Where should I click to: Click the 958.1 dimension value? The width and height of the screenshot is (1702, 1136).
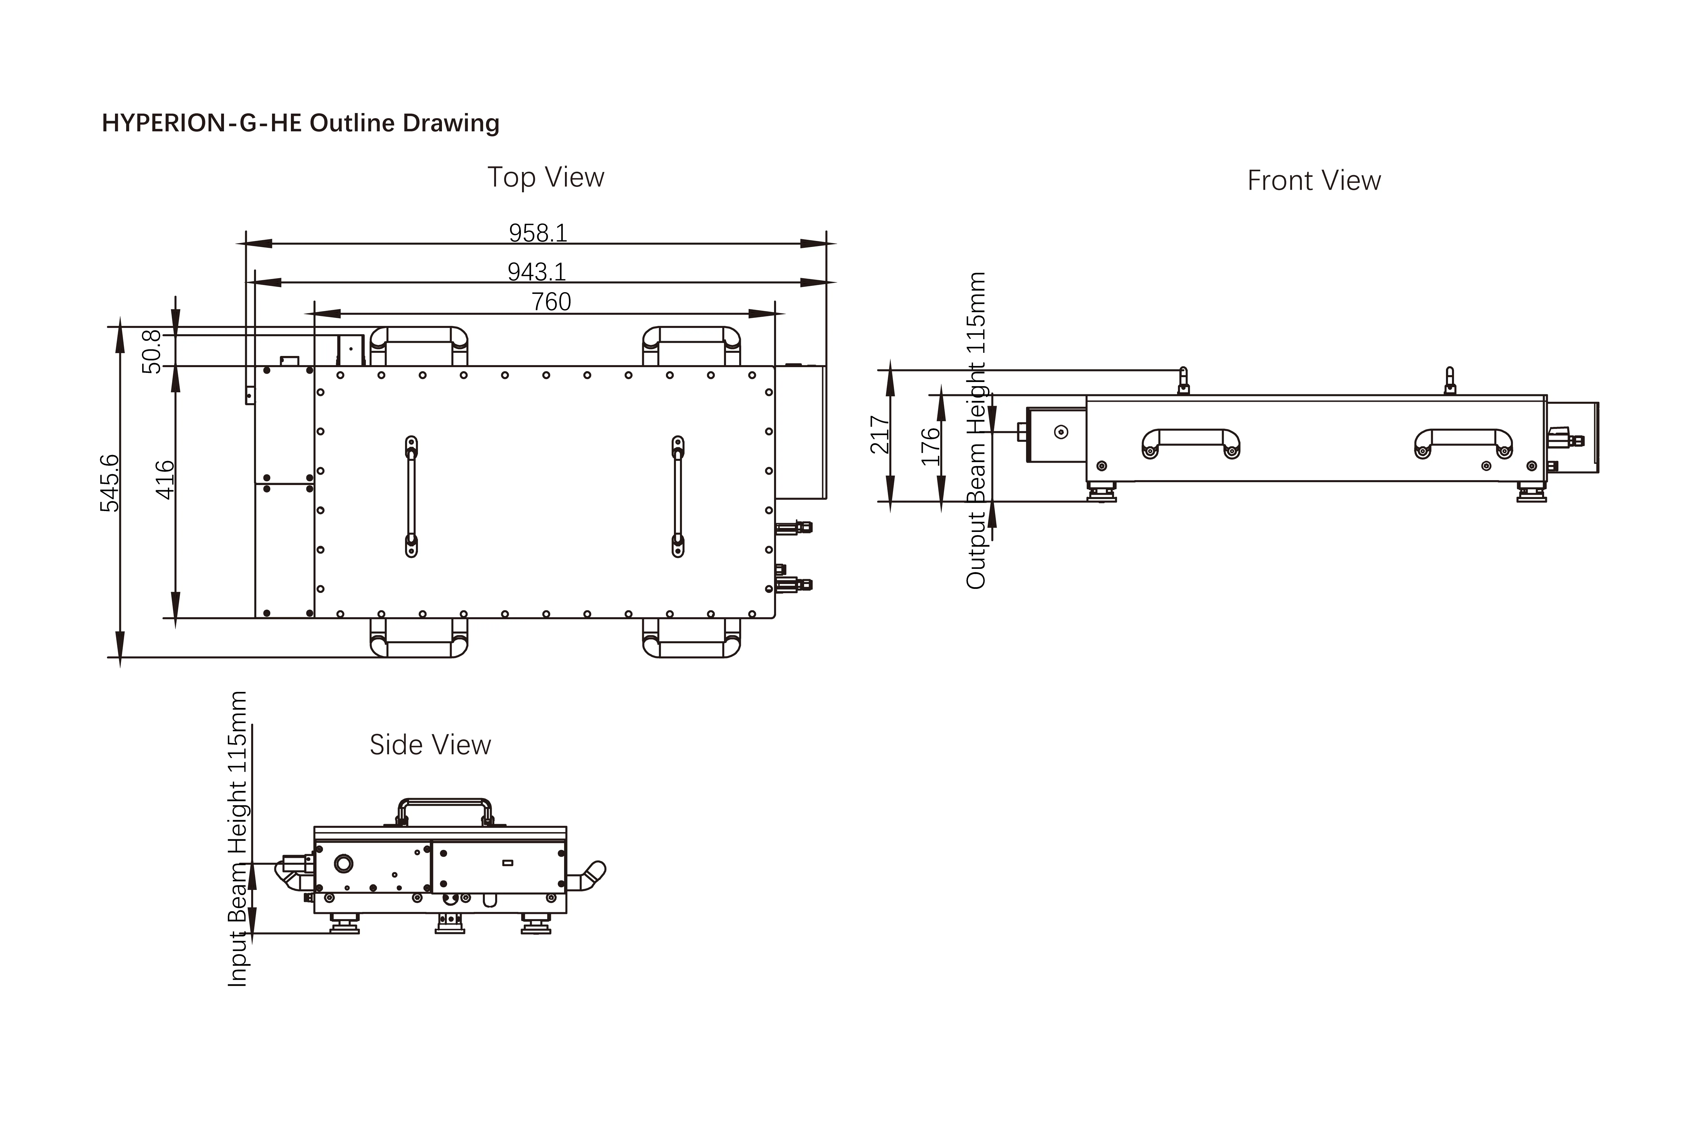[x=538, y=233]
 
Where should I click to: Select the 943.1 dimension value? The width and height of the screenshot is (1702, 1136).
[x=537, y=272]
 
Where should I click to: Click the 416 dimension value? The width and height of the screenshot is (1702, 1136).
[x=165, y=480]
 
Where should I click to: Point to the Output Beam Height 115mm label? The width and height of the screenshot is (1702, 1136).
[x=976, y=430]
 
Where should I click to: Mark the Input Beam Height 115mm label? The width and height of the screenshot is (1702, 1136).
[x=237, y=839]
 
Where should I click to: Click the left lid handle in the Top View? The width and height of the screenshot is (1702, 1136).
[x=411, y=496]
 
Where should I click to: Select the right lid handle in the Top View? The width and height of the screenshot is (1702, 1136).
[x=678, y=496]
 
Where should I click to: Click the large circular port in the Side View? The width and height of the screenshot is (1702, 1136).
[x=343, y=864]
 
